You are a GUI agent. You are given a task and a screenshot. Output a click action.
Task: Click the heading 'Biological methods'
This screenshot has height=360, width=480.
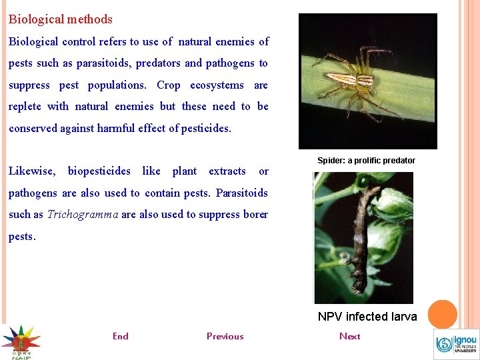[x=61, y=20]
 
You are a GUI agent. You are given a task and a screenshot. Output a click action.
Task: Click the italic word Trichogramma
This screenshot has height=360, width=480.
[x=83, y=215]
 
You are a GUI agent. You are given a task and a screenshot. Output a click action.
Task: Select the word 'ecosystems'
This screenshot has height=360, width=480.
[x=217, y=85]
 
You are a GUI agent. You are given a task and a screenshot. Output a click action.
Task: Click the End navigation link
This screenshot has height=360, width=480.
[x=121, y=336]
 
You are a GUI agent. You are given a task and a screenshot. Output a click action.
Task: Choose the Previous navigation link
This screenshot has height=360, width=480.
[x=225, y=336]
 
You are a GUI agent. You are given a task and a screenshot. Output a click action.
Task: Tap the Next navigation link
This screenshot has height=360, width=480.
[x=349, y=336]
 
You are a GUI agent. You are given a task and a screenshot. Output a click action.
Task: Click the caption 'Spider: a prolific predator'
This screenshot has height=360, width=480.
[x=366, y=161]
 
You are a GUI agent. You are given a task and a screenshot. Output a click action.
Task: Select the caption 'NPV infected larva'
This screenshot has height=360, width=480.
[x=367, y=317]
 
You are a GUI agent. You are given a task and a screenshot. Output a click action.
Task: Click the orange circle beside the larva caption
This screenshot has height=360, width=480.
[x=442, y=314]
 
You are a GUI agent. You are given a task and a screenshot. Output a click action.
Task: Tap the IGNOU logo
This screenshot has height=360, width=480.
[x=456, y=344]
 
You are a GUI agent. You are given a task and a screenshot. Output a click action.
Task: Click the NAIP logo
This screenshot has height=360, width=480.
[x=21, y=342]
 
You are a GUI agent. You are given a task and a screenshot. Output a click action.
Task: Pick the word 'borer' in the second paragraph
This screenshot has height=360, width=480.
[x=256, y=215]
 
